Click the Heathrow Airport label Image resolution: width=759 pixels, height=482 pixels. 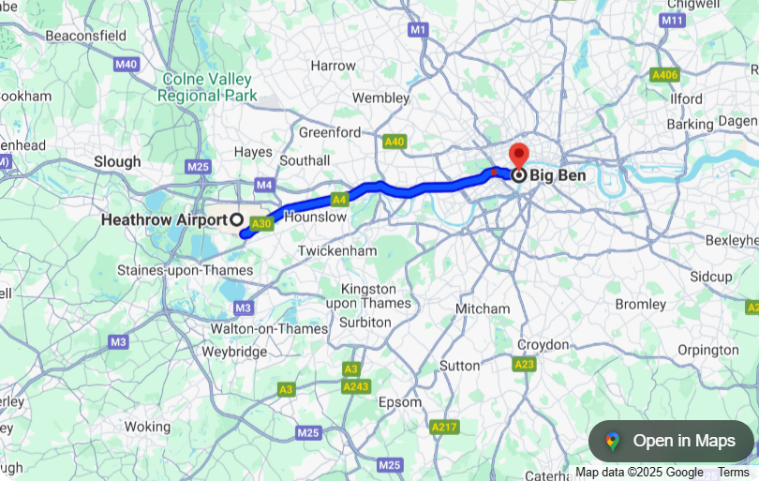[163, 219]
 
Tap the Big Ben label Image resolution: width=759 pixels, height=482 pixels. [559, 174]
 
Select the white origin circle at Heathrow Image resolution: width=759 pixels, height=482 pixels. [236, 219]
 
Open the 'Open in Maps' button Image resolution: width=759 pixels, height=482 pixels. [671, 441]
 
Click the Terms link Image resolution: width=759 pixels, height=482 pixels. [734, 473]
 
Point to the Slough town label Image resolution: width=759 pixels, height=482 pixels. [117, 161]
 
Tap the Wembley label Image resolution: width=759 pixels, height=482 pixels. [381, 98]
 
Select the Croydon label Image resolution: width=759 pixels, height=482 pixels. [543, 344]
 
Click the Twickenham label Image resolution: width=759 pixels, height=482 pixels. [337, 251]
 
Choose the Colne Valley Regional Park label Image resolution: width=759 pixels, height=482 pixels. [207, 87]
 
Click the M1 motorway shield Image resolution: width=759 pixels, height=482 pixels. [418, 30]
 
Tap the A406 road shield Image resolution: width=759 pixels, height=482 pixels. [664, 74]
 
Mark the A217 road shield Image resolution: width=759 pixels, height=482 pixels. [444, 427]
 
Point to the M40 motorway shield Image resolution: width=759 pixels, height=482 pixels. [126, 65]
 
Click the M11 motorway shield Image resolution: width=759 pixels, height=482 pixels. [672, 20]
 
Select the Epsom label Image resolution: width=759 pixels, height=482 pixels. [399, 402]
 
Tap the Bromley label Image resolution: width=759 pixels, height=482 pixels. [640, 304]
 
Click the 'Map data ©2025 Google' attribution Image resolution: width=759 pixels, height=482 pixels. [639, 473]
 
